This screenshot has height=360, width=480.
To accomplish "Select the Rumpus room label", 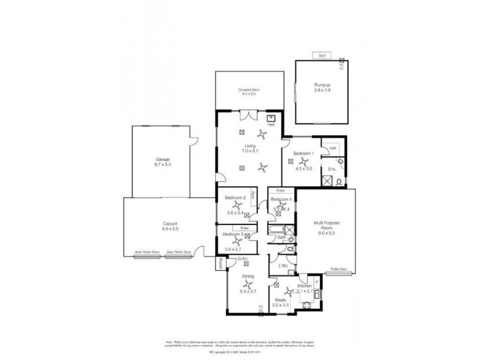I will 322,85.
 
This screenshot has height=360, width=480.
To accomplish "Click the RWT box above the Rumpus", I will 323,56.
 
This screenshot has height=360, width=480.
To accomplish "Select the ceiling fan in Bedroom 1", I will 304,161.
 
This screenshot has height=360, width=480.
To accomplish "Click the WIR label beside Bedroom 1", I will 332,148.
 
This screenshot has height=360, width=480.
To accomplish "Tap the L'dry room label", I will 284,265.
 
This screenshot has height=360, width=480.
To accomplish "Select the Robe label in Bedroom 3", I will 244,229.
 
